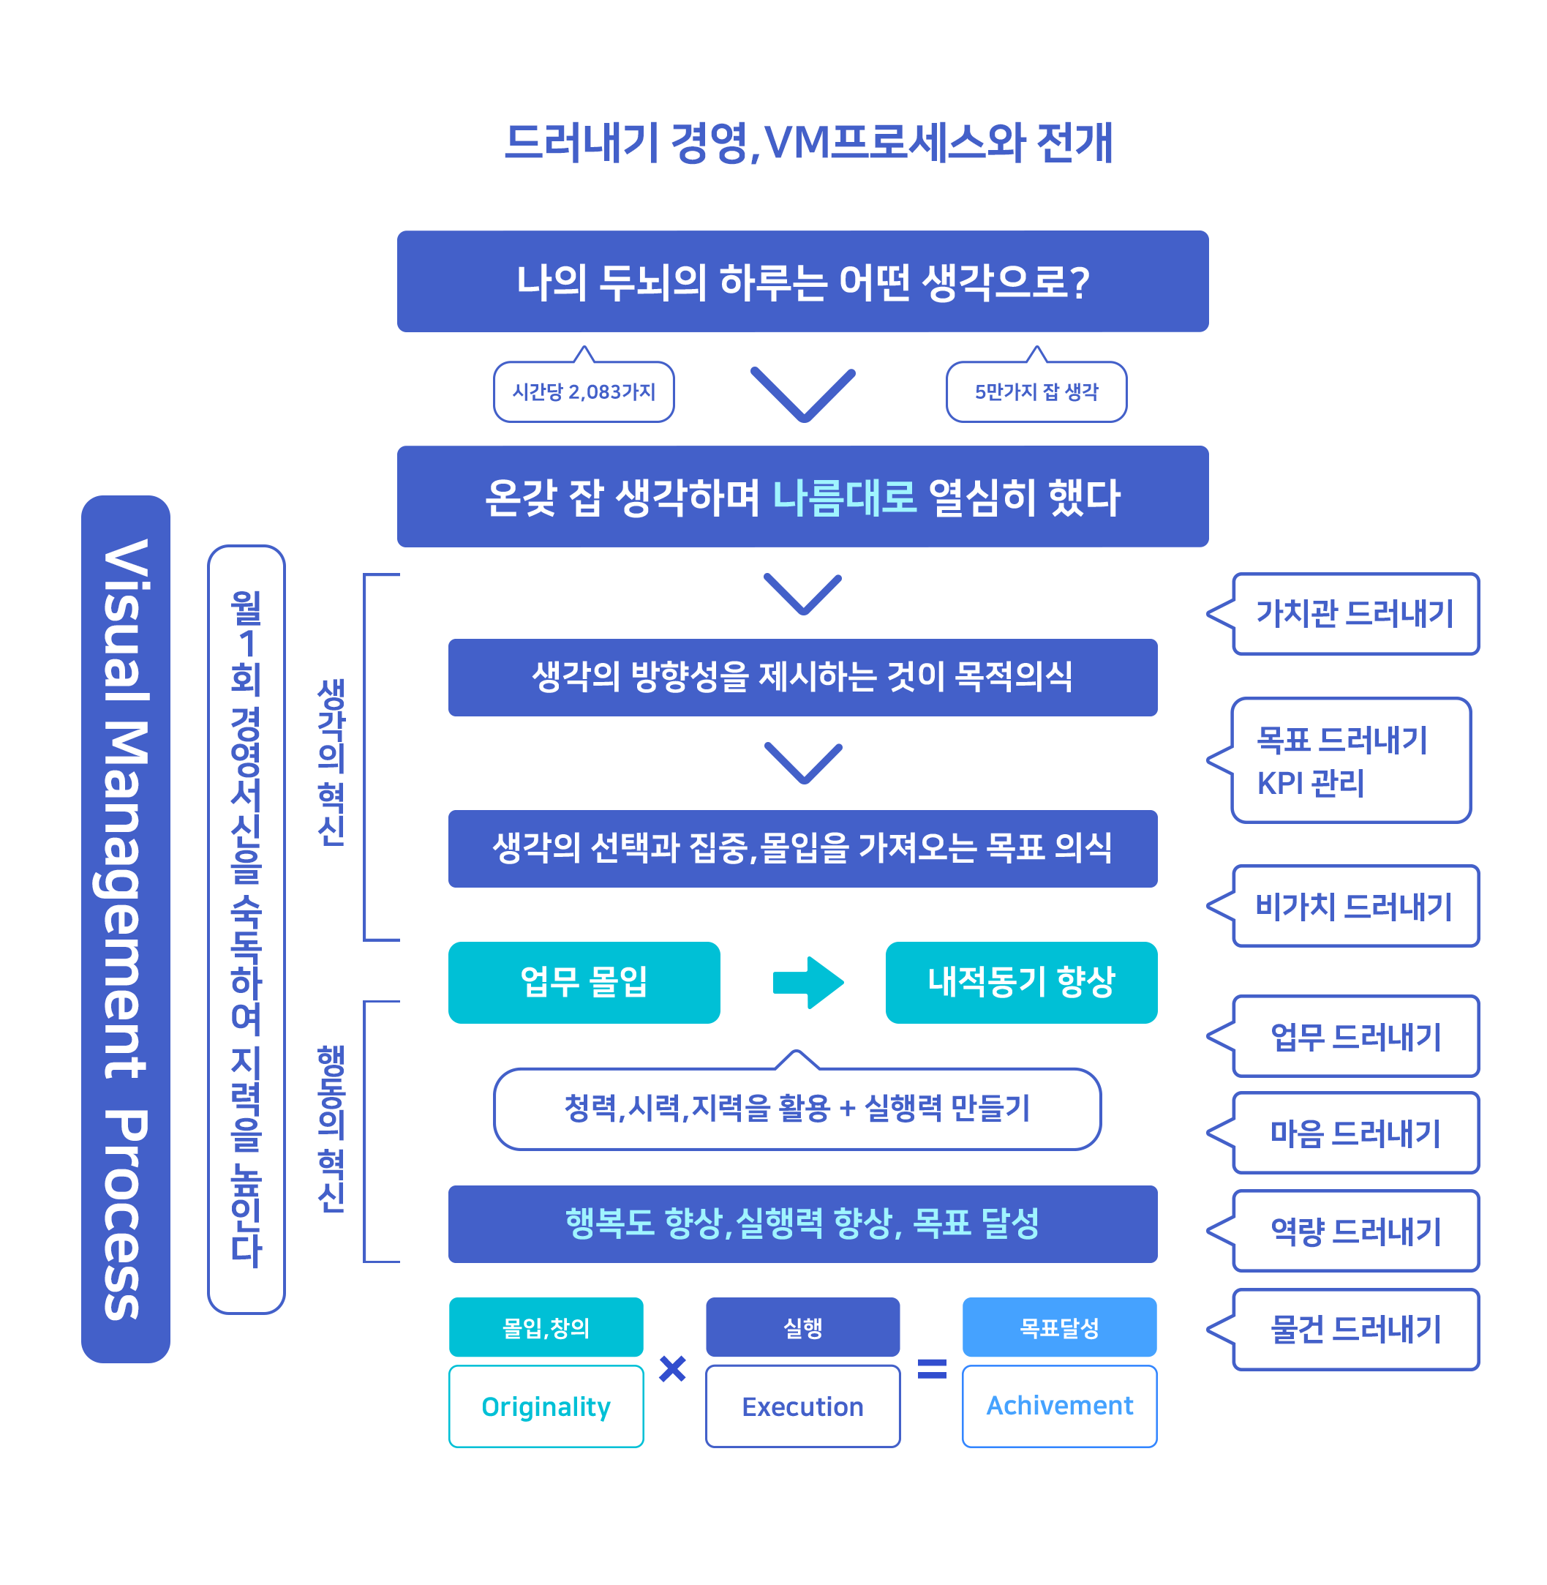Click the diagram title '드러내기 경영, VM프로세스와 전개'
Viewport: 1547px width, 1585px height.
[x=808, y=143]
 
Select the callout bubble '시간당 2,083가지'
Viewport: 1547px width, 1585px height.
[x=584, y=391]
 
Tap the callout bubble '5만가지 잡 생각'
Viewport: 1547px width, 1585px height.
[x=1036, y=391]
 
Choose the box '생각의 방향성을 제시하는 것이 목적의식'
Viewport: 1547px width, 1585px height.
[x=802, y=677]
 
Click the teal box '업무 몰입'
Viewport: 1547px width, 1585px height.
[x=584, y=982]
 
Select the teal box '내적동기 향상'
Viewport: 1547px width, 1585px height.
[x=1021, y=982]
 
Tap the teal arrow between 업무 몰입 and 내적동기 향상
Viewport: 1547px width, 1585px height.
[x=808, y=983]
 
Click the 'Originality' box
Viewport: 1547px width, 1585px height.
[x=546, y=1406]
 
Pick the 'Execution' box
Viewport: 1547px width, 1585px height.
[x=802, y=1406]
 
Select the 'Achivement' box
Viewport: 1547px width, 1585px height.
[x=1060, y=1406]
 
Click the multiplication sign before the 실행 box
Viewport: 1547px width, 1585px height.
[x=673, y=1369]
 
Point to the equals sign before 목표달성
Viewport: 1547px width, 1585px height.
[x=932, y=1370]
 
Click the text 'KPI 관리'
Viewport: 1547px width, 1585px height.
[x=1310, y=783]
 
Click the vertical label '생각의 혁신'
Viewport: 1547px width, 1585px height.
[x=331, y=762]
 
